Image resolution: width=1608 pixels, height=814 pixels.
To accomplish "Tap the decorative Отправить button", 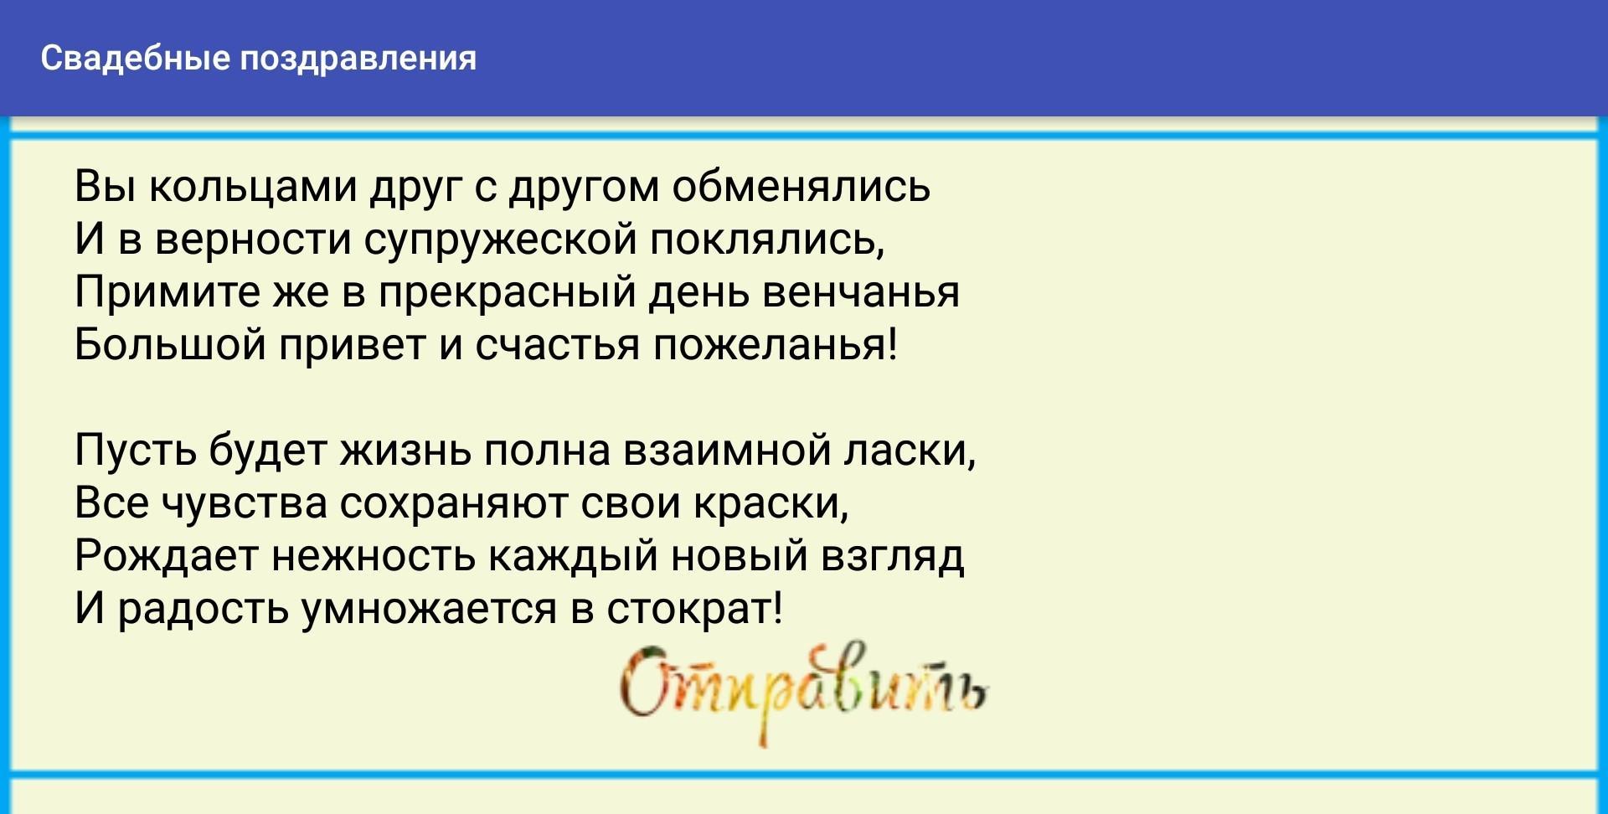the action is [804, 691].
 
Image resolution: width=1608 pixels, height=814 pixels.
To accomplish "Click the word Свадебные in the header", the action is [135, 59].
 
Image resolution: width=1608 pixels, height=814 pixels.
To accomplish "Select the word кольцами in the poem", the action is [253, 188].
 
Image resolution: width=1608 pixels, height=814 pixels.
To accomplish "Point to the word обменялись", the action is [801, 186].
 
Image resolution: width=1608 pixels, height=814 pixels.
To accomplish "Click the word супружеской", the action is [500, 240].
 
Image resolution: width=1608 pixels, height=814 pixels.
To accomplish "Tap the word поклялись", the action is [768, 240].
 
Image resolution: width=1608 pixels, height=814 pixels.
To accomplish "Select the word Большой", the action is [170, 344].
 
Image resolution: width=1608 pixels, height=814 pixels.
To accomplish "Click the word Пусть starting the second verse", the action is [135, 451].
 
